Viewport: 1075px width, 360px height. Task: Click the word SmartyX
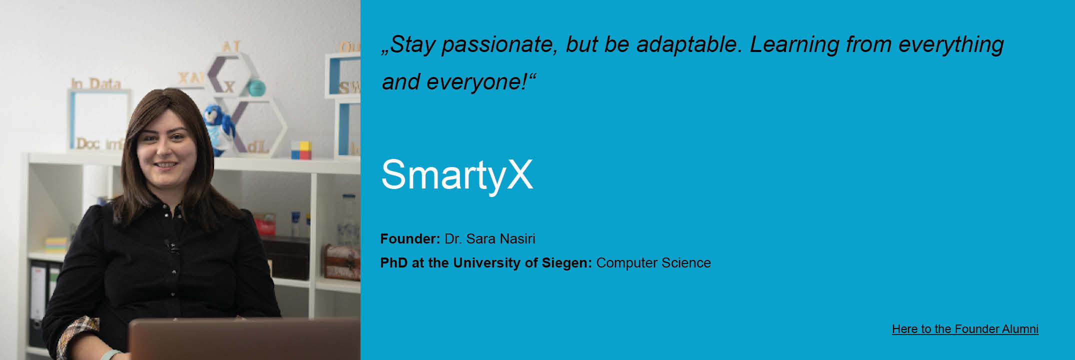(457, 175)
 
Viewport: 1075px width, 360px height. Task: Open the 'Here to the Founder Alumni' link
(965, 329)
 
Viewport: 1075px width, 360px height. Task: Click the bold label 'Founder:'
(410, 239)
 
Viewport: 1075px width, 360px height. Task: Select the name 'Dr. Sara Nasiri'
(490, 239)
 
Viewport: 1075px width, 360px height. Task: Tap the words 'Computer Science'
(653, 263)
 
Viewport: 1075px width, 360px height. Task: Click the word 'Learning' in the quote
(794, 45)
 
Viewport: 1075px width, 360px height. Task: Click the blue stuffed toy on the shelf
(219, 129)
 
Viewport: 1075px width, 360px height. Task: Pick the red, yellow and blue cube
(301, 150)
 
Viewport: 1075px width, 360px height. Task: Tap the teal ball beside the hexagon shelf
(256, 88)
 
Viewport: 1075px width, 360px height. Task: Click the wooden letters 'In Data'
(96, 83)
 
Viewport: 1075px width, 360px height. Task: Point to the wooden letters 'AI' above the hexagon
(231, 46)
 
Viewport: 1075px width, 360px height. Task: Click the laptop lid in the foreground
(244, 339)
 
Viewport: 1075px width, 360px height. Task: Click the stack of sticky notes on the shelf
(56, 245)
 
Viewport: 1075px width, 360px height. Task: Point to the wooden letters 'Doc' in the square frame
(88, 144)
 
